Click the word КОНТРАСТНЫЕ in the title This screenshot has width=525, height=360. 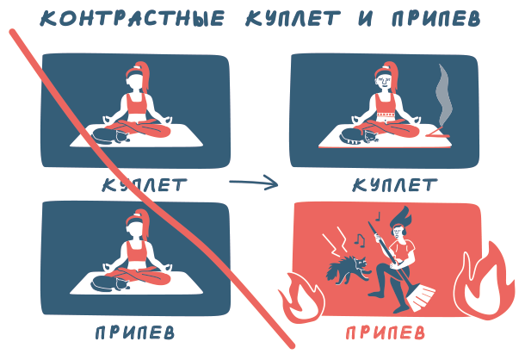pyautogui.click(x=133, y=18)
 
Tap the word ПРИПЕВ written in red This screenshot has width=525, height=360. pyautogui.click(x=385, y=332)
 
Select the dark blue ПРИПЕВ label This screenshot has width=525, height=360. pyautogui.click(x=135, y=332)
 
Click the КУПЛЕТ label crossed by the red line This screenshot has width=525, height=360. pyautogui.click(x=145, y=185)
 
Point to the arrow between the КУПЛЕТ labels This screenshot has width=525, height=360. pyautogui.click(x=253, y=183)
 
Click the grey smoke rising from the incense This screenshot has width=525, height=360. pyautogui.click(x=444, y=96)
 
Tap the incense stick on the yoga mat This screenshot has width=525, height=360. pyautogui.click(x=438, y=133)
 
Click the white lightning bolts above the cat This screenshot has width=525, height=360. pyautogui.click(x=336, y=239)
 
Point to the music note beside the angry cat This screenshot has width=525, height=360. pyautogui.click(x=360, y=239)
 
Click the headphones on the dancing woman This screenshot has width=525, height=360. pyautogui.click(x=404, y=231)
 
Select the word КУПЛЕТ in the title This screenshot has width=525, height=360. pyautogui.click(x=293, y=18)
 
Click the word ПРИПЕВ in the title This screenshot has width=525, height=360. pyautogui.click(x=436, y=18)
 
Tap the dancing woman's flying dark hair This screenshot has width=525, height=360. pyautogui.click(x=402, y=216)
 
